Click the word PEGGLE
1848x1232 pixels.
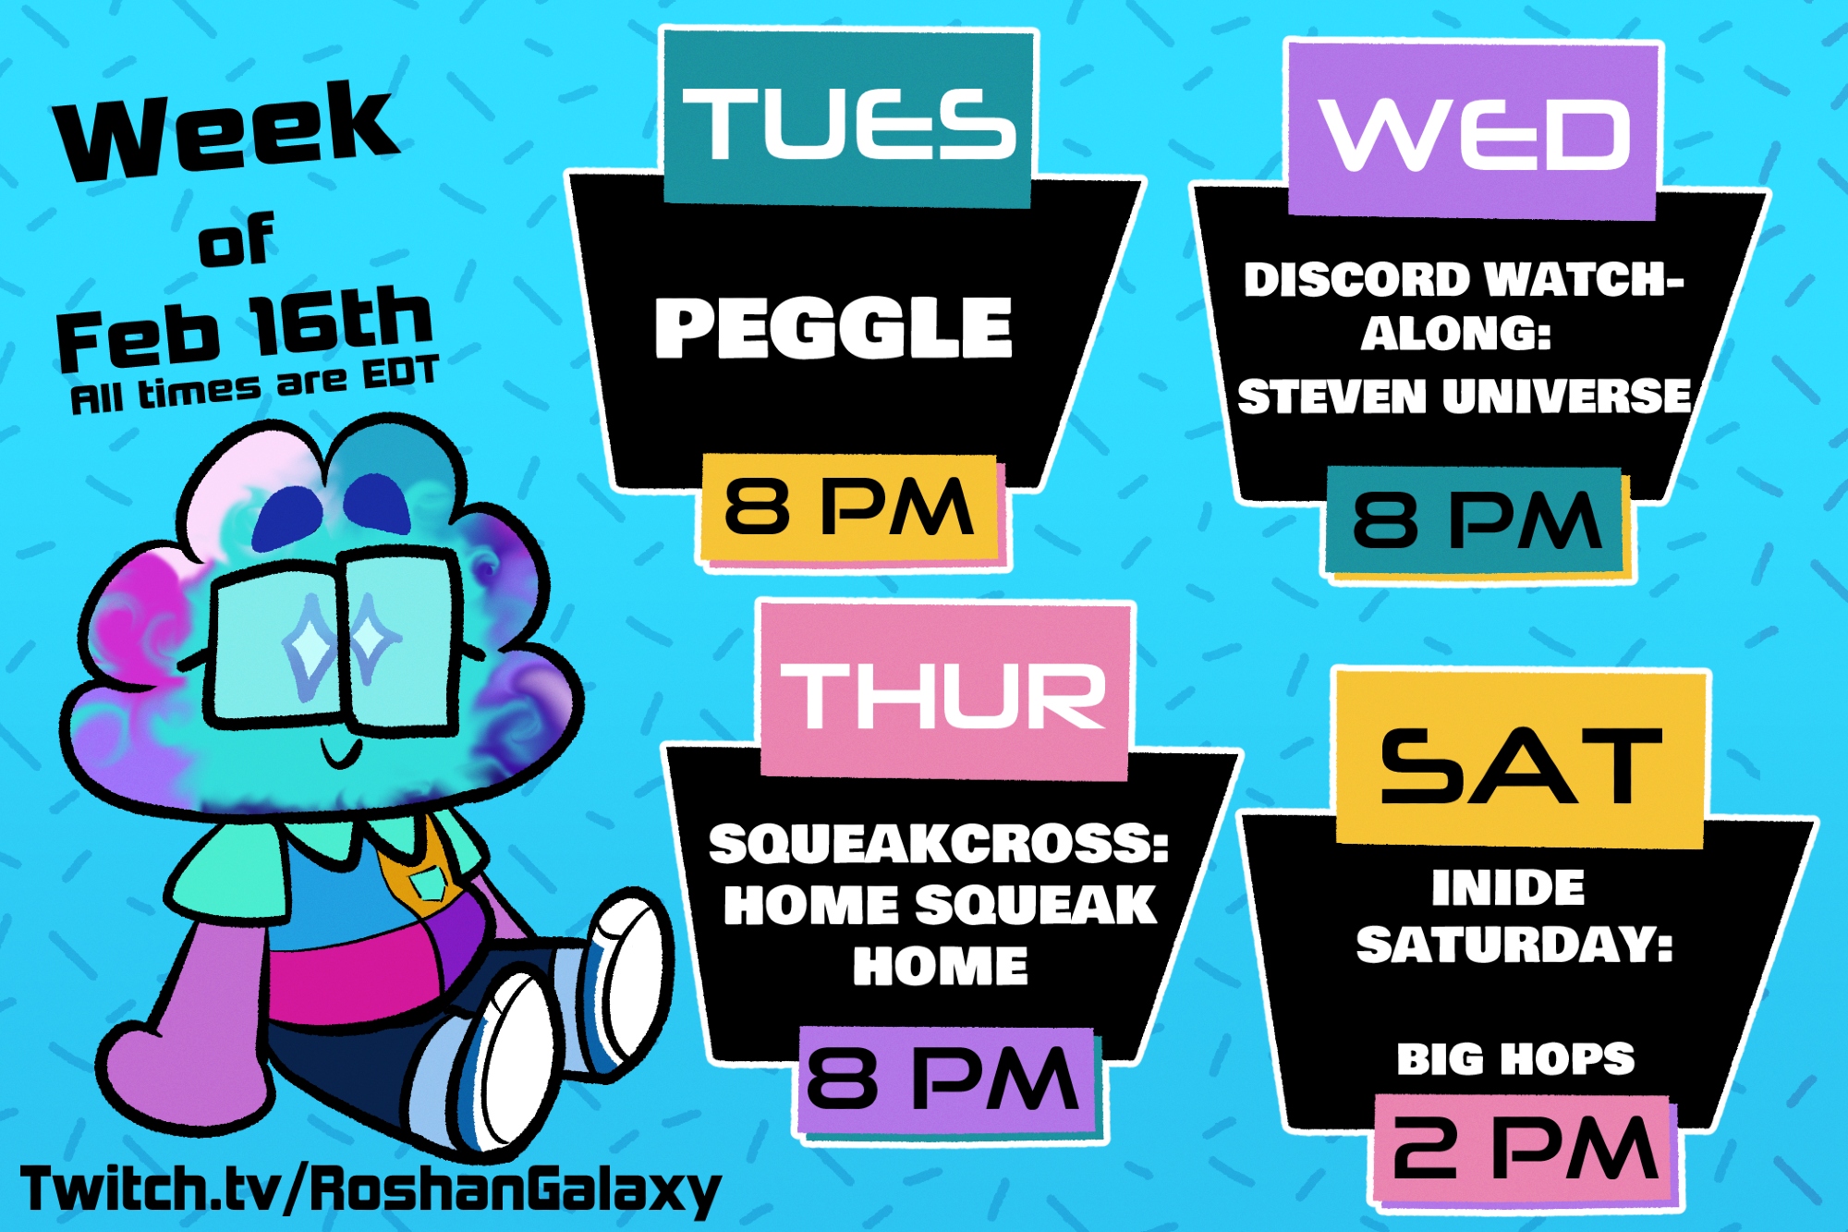tap(833, 327)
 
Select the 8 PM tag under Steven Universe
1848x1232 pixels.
tap(1476, 521)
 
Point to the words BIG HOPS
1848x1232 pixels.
tap(1515, 1059)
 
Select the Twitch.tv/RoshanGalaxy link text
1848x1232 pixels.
tap(370, 1189)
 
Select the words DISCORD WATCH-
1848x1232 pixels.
tap(1464, 280)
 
